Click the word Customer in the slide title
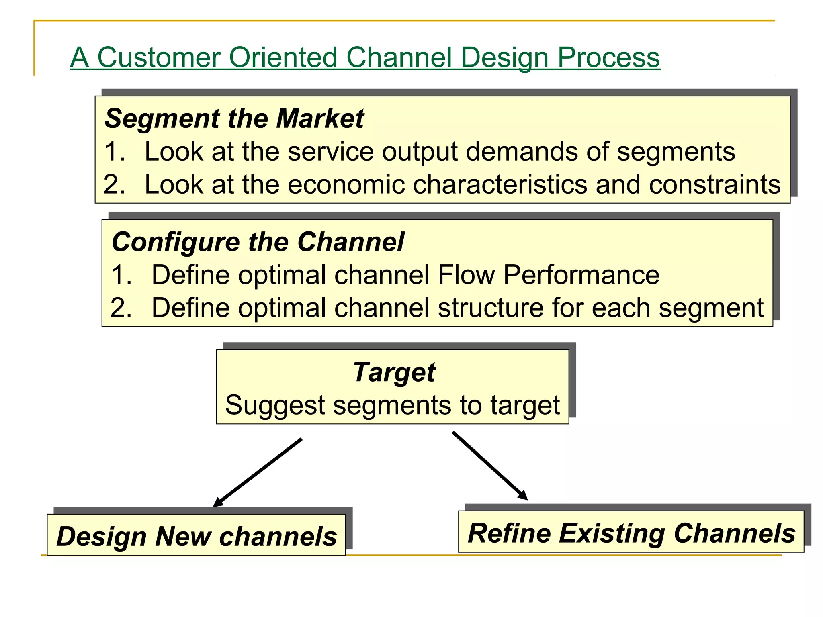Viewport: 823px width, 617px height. click(x=159, y=57)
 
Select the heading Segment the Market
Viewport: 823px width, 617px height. click(x=234, y=119)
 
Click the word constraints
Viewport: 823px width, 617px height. click(x=714, y=185)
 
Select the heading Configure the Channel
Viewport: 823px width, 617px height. click(x=258, y=242)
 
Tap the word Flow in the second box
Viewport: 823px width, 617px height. click(x=466, y=275)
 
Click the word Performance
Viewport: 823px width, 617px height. click(x=581, y=275)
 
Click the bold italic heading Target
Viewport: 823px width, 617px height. click(x=394, y=372)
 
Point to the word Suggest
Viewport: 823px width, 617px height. click(x=275, y=405)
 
